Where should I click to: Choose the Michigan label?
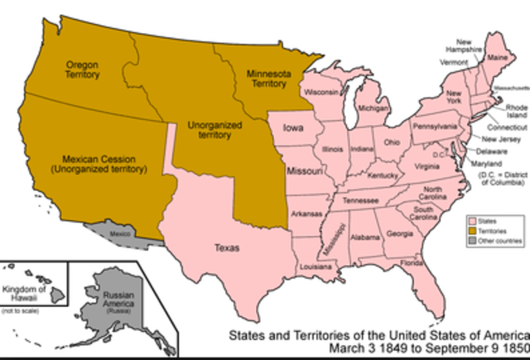[374, 108]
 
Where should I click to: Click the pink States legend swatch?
[472, 221]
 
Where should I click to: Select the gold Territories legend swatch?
[472, 231]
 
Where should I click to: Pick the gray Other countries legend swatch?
[472, 241]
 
